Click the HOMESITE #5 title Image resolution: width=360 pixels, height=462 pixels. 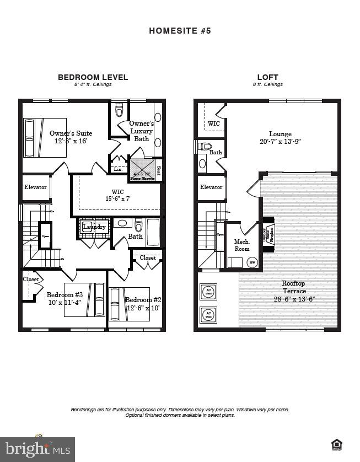[x=180, y=31]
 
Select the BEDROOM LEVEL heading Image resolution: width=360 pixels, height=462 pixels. [x=93, y=77]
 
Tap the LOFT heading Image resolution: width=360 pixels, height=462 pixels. [x=267, y=77]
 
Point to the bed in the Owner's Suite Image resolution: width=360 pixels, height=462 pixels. [x=45, y=138]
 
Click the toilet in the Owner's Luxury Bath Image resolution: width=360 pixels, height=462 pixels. [x=119, y=111]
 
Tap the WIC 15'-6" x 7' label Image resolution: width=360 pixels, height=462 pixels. [x=117, y=195]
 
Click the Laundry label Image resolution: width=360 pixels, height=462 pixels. [x=94, y=227]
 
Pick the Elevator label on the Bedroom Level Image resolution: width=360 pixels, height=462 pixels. [x=35, y=187]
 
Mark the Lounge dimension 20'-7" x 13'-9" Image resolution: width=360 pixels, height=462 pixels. [x=280, y=142]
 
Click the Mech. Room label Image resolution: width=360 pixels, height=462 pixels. [x=242, y=245]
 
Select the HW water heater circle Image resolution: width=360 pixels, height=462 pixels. [x=252, y=262]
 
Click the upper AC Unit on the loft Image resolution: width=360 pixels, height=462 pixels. [x=208, y=292]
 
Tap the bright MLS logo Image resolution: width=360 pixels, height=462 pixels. [x=37, y=449]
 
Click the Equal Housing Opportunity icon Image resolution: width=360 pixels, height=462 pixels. [x=336, y=444]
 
